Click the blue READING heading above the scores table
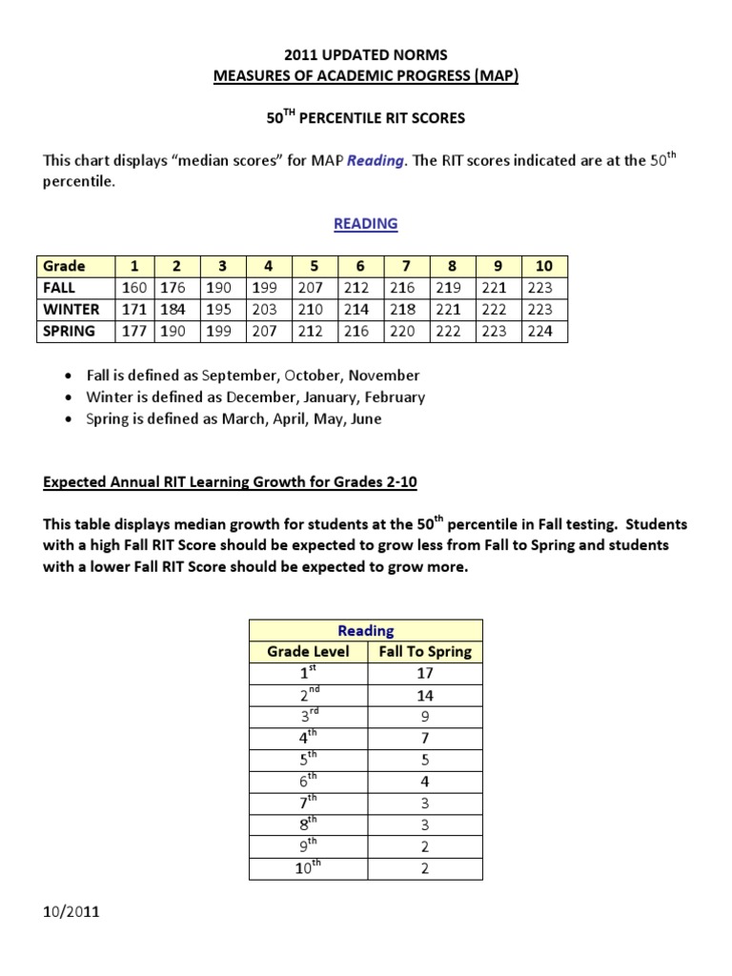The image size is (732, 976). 365,224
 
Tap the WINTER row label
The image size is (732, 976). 71,309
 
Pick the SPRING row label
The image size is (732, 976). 69,332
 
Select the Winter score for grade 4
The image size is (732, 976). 268,309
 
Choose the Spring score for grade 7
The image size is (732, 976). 405,332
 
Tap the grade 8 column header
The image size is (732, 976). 452,266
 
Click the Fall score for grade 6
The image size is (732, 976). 359,287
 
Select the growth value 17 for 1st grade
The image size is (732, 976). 424,673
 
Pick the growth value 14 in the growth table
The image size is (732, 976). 424,695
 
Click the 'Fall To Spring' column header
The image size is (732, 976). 424,652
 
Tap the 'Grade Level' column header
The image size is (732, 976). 308,652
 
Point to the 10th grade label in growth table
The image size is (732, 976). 308,867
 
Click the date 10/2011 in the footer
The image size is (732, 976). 71,912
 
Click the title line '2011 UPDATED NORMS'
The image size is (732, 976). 365,55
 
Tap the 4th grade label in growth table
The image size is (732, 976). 308,738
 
